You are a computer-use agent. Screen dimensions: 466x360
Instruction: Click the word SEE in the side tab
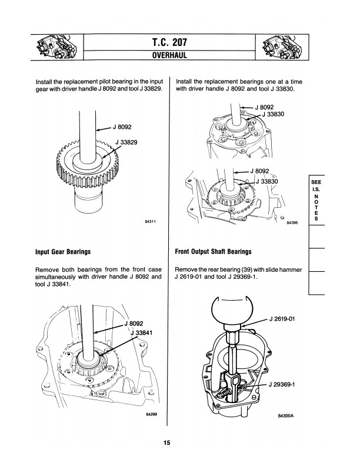[x=316, y=183]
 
